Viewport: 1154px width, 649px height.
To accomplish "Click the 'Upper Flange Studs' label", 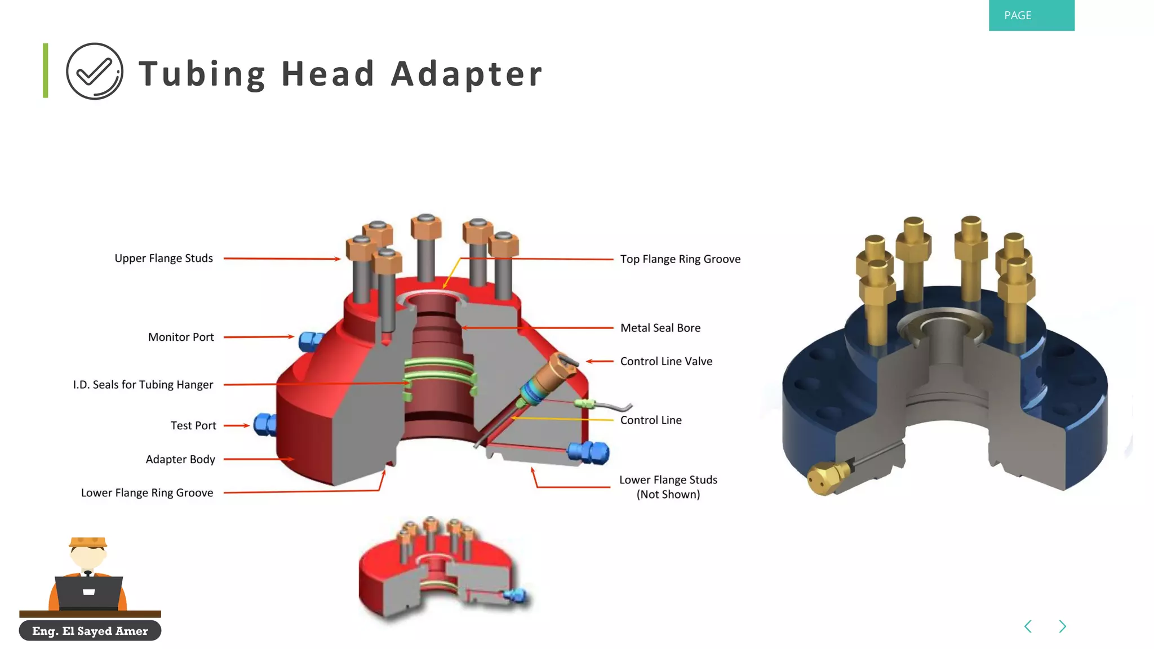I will point(163,259).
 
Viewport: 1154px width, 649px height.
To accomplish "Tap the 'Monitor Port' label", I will point(180,337).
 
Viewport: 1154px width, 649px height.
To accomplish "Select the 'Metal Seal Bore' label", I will point(660,328).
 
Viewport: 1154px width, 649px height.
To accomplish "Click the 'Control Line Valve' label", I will point(665,361).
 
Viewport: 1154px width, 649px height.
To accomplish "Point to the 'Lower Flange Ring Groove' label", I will point(147,493).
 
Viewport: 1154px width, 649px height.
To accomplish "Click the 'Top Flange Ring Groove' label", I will point(680,259).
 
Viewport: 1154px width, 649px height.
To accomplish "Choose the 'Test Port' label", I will point(193,426).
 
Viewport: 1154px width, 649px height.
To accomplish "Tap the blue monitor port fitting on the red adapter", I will point(309,341).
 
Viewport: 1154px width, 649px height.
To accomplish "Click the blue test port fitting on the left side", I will point(264,425).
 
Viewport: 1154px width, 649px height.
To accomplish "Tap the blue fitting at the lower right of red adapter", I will point(589,452).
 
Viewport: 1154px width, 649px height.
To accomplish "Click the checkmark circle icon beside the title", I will point(95,72).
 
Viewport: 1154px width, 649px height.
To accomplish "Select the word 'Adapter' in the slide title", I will point(467,74).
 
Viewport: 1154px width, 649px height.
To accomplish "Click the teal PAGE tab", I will point(1031,15).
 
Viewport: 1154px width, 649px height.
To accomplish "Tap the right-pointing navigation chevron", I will point(1062,626).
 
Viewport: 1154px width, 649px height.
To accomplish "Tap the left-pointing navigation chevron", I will point(1028,626).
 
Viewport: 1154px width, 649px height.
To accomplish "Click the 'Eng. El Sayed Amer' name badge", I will point(90,631).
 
